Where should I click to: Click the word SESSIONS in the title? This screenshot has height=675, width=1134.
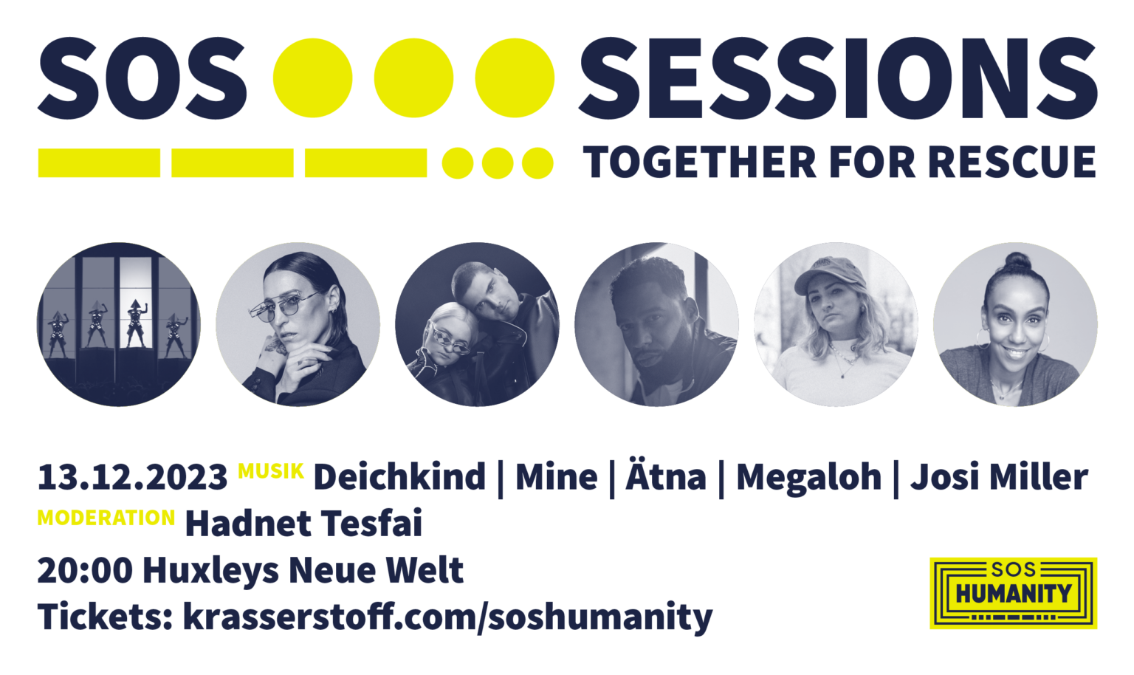click(x=837, y=79)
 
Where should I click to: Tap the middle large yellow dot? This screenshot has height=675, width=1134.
click(x=413, y=78)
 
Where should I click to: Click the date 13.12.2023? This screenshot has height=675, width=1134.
click(x=132, y=478)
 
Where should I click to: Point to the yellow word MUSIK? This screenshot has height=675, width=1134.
click(x=271, y=471)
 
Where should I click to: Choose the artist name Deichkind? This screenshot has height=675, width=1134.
click(x=399, y=477)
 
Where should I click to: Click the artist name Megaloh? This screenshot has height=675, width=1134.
click(x=808, y=477)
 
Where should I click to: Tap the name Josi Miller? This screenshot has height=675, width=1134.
click(x=999, y=477)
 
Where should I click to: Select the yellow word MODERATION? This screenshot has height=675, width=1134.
click(x=106, y=518)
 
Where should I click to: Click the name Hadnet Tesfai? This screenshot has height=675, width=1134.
click(x=303, y=524)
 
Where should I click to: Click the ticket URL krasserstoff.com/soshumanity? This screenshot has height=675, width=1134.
click(x=447, y=617)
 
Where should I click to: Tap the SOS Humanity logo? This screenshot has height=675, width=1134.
click(x=1013, y=593)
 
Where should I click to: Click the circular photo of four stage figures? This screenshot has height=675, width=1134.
click(x=118, y=324)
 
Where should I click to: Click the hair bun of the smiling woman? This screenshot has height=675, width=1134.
click(x=1017, y=261)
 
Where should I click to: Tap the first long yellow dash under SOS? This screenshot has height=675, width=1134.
click(x=99, y=163)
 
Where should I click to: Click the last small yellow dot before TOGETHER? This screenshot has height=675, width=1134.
click(x=537, y=163)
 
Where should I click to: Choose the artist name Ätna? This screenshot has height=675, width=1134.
click(x=666, y=477)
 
